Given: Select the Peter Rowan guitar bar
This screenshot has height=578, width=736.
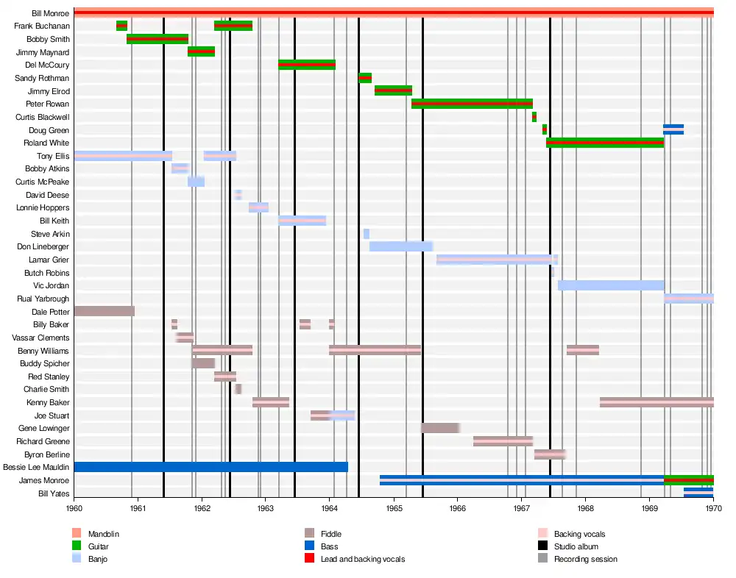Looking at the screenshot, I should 472,104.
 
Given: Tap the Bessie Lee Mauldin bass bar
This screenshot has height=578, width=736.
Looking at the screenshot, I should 210,467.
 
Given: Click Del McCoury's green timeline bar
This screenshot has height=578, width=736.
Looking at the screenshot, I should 307,65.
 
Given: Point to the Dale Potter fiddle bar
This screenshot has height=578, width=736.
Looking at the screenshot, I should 104,311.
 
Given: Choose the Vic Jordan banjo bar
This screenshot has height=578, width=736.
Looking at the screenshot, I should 611,285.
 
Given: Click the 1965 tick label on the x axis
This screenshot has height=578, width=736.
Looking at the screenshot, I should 394,508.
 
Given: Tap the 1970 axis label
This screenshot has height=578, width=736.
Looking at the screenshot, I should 713,508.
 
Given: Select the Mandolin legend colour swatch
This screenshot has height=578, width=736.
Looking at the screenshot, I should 77,534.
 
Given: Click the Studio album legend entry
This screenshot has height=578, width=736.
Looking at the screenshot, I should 576,546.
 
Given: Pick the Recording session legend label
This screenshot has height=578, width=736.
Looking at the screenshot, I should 585,559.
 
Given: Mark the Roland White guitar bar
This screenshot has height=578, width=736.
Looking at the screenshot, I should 605,143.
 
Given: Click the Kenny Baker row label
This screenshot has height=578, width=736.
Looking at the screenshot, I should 48,402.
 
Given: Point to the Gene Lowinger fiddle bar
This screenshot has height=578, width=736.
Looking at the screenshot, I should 441,428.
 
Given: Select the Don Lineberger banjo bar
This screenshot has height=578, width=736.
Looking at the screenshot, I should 401,246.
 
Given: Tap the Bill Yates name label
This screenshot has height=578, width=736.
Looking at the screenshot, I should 54,493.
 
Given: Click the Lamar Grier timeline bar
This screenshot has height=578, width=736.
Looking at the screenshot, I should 497,260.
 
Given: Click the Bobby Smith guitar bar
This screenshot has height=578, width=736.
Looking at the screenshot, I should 158,39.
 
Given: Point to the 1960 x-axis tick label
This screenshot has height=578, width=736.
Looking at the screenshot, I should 74,508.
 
